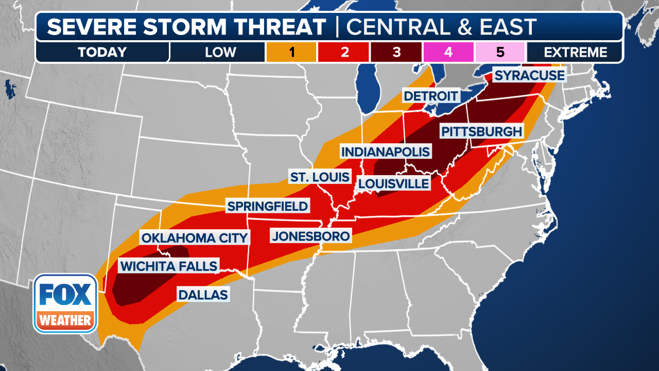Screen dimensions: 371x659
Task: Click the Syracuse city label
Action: (x=529, y=76)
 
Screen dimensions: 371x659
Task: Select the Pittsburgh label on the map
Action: (x=482, y=131)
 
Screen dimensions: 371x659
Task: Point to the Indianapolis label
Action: (x=386, y=151)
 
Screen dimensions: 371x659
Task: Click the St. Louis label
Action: (x=320, y=177)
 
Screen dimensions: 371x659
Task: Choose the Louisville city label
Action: (x=394, y=183)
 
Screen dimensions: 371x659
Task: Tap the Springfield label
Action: (x=268, y=207)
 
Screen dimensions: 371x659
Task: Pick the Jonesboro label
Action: (x=311, y=237)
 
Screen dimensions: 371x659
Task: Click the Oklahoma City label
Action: (x=195, y=238)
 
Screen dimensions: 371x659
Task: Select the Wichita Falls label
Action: (x=168, y=266)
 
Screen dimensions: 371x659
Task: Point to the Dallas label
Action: (x=203, y=295)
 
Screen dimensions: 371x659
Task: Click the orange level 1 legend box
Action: (x=291, y=52)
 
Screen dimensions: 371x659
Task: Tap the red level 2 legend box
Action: (x=343, y=52)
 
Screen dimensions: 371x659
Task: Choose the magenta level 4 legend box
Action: (x=448, y=52)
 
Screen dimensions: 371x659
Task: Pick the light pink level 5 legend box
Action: (x=500, y=52)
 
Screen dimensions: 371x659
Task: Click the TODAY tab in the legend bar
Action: (x=102, y=52)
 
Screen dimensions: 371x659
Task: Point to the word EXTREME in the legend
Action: (x=575, y=52)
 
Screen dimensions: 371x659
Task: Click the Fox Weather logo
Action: (x=65, y=303)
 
